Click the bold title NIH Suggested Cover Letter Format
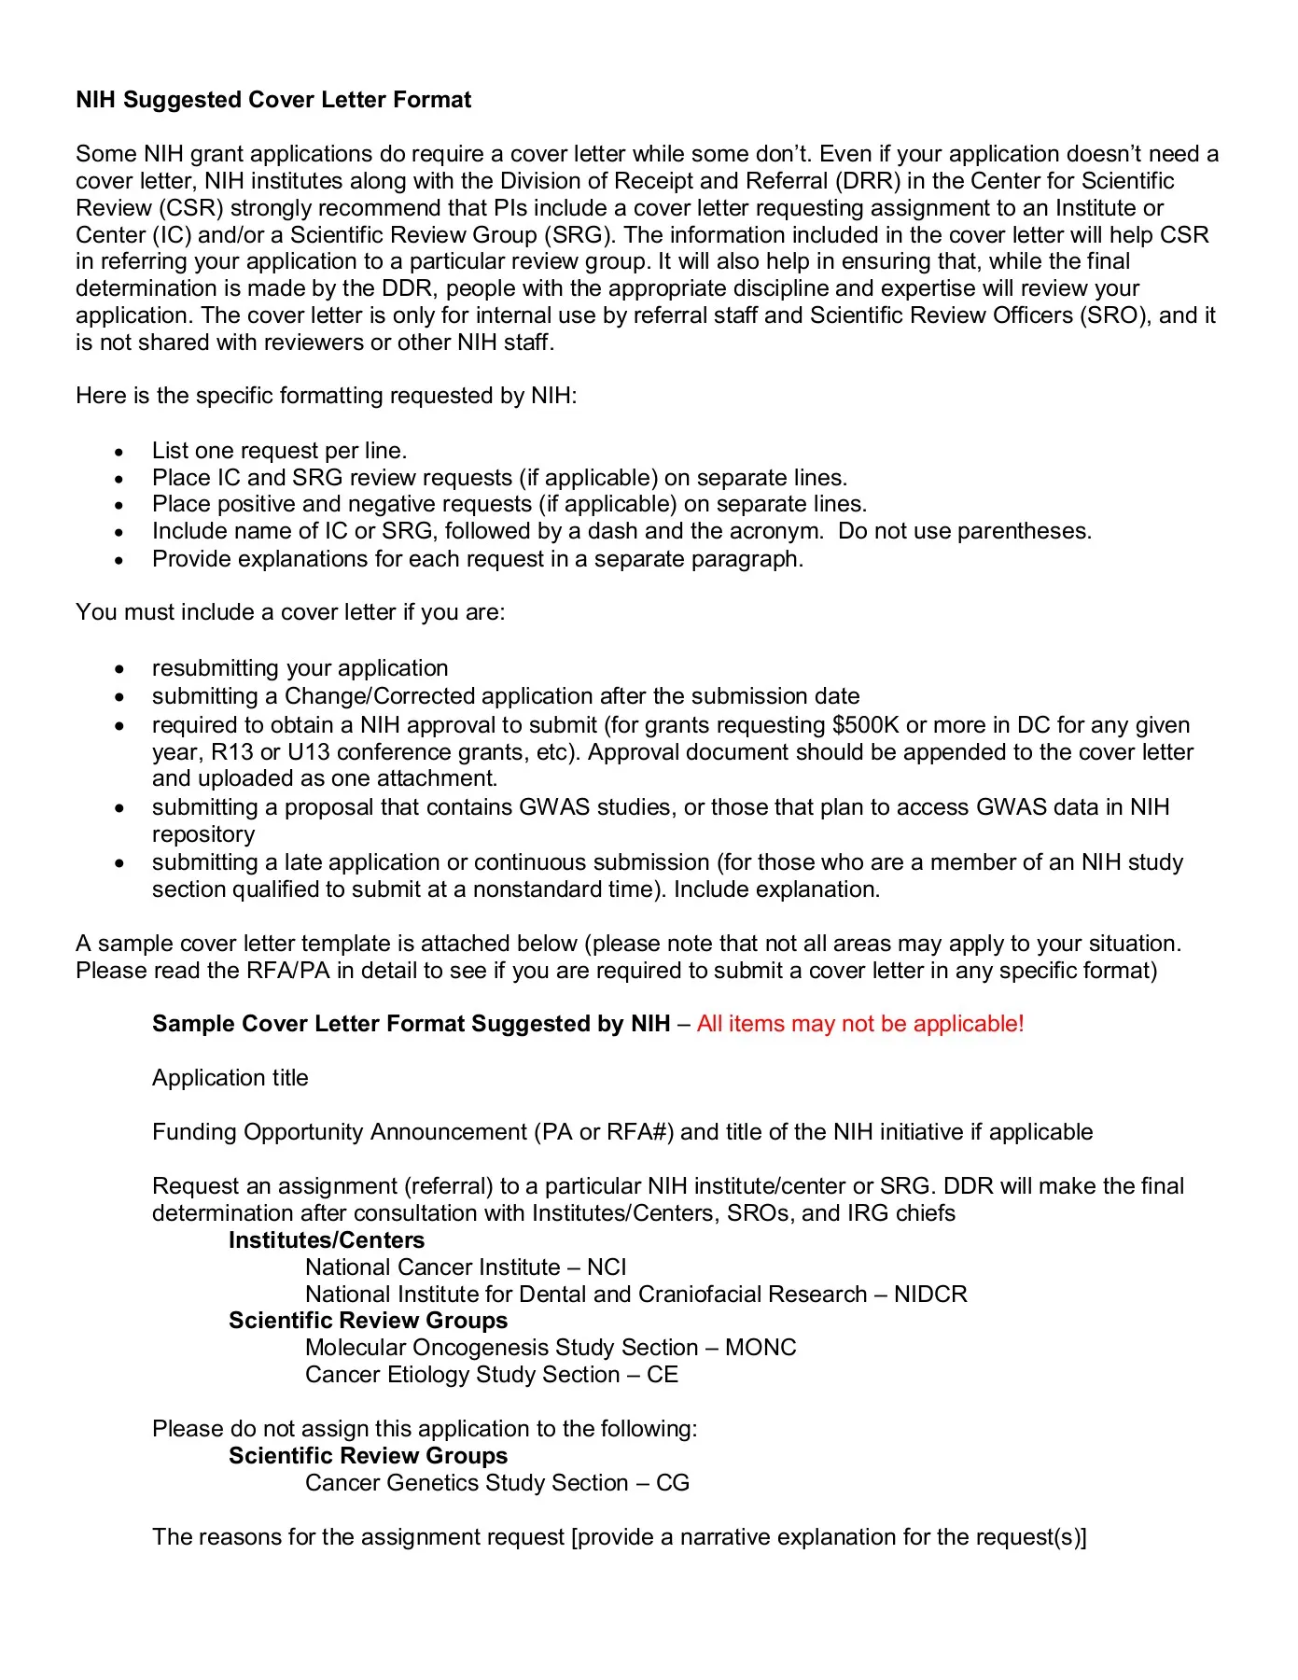[273, 100]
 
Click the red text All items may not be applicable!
[860, 1024]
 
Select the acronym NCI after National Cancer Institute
[607, 1267]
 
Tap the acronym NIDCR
[930, 1295]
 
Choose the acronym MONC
[761, 1348]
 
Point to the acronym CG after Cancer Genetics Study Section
[673, 1483]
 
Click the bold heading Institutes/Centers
[327, 1240]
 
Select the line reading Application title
[230, 1078]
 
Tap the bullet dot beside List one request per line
[119, 453]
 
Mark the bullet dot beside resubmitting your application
[119, 670]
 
